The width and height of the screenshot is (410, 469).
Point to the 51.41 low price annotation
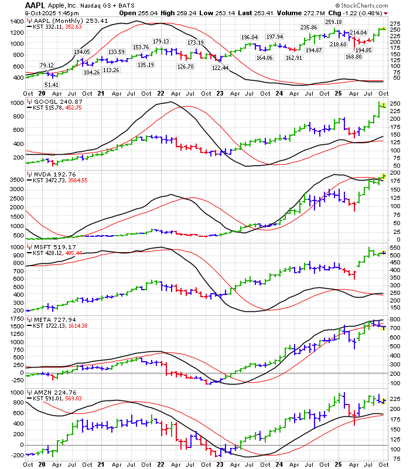point(52,85)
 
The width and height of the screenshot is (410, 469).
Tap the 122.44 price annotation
point(220,67)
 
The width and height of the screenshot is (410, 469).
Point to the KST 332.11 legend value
point(51,27)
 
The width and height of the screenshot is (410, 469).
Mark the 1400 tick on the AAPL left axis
point(16,21)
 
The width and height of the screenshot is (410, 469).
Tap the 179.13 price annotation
point(161,41)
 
